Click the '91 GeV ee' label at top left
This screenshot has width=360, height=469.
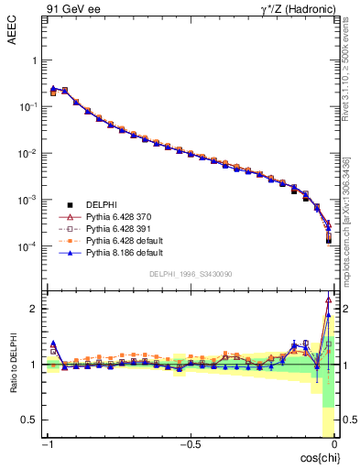click(x=70, y=10)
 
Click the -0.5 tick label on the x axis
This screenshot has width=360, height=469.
click(x=189, y=446)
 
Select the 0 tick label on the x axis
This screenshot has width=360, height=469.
click(x=333, y=446)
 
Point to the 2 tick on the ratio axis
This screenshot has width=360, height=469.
click(x=33, y=309)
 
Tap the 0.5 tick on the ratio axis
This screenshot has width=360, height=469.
click(x=28, y=420)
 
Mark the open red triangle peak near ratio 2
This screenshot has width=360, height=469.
click(x=328, y=300)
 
